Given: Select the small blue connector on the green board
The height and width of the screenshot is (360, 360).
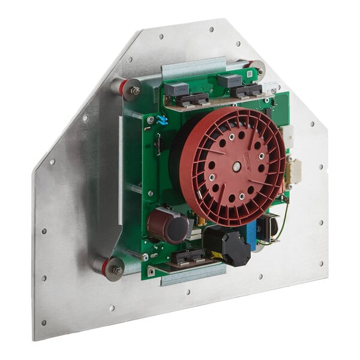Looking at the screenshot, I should tap(161, 120).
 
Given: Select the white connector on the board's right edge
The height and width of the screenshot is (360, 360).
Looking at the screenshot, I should tap(287, 137).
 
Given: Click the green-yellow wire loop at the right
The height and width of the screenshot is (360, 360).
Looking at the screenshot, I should tap(281, 219).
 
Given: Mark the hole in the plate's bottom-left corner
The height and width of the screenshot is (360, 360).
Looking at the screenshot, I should tap(43, 322).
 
